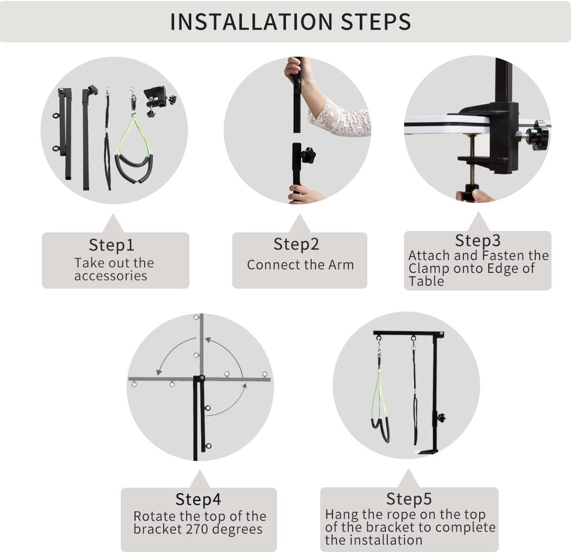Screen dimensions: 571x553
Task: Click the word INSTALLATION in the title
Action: (251, 22)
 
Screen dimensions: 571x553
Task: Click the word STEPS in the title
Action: (376, 22)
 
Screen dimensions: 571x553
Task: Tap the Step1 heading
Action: (111, 245)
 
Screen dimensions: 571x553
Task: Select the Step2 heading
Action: (296, 244)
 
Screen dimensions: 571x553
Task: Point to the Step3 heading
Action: (478, 241)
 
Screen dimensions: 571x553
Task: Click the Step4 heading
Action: (198, 499)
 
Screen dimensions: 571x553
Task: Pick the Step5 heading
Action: (409, 499)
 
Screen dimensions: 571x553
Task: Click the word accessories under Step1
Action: (110, 276)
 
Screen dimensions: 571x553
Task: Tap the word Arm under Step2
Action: (341, 265)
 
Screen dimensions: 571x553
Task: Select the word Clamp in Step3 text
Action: (429, 269)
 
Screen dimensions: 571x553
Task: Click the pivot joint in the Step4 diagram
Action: (202, 378)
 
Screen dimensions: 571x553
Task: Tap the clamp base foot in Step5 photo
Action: (428, 452)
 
